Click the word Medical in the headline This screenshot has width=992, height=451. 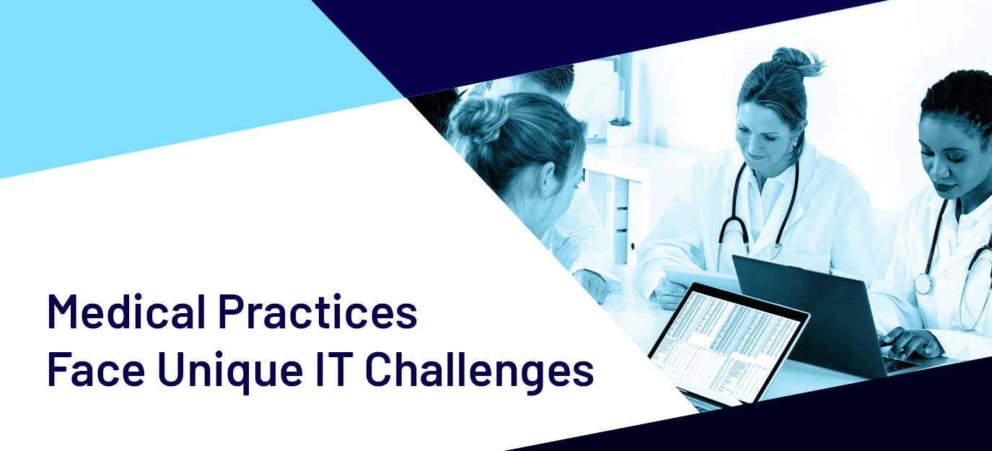126,311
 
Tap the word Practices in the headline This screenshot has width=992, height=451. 318,311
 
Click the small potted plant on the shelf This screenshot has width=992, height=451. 619,131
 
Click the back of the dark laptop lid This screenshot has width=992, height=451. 810,310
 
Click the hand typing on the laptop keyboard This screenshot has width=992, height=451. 908,343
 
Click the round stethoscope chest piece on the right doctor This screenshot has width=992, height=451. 923,284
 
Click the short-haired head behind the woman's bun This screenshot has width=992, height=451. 545,83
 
